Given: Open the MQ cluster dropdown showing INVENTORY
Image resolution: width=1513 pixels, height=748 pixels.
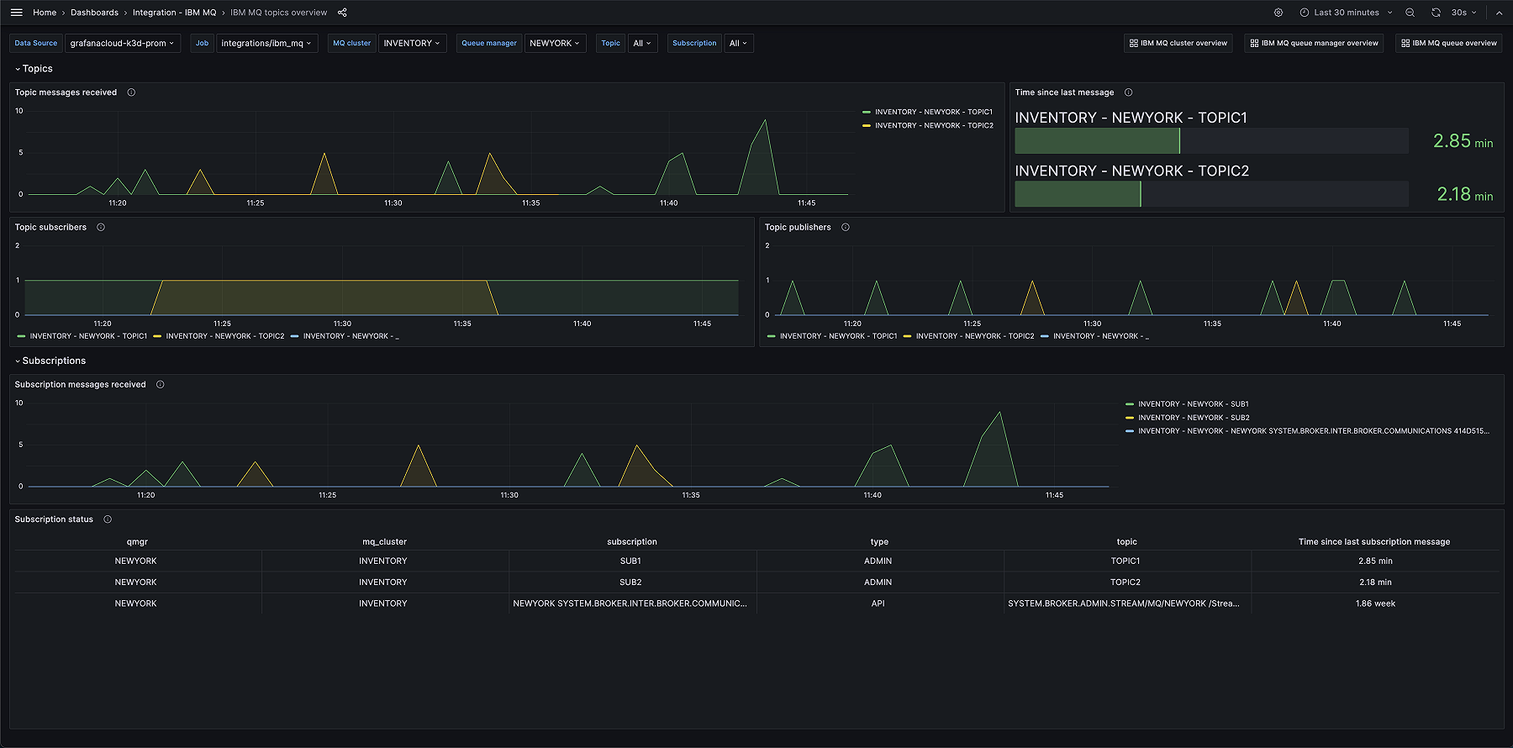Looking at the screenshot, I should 411,43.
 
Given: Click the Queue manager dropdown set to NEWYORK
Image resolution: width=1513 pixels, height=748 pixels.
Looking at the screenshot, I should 554,43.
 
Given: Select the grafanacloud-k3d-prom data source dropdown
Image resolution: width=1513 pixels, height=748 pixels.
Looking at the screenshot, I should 122,43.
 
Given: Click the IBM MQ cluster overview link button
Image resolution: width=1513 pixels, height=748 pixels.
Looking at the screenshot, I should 1178,43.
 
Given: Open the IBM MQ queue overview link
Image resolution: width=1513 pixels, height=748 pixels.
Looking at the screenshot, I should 1448,43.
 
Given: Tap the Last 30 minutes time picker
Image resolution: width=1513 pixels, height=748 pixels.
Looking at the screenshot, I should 1346,13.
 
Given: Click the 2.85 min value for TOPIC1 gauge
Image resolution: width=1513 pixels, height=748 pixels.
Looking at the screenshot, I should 1462,141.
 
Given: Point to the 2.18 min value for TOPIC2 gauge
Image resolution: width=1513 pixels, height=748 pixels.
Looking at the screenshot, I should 1464,194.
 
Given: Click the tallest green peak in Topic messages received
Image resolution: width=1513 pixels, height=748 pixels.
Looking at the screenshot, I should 765,121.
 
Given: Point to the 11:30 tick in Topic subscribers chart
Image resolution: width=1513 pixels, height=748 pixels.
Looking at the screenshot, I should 342,324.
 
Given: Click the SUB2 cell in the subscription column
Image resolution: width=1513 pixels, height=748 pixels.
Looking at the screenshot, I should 630,582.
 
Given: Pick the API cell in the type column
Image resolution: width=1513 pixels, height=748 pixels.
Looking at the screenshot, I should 878,603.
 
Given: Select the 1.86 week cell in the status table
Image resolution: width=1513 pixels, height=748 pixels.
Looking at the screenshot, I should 1374,603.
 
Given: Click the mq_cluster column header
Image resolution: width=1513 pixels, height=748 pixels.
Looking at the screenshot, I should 384,542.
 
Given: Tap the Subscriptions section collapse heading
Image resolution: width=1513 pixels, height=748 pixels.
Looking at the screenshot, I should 54,361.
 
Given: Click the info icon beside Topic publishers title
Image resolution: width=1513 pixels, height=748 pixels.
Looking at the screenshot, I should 846,227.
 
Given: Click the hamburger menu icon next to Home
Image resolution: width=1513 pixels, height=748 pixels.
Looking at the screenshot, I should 16,13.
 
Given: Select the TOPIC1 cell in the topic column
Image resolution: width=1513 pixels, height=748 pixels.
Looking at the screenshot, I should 1125,561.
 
